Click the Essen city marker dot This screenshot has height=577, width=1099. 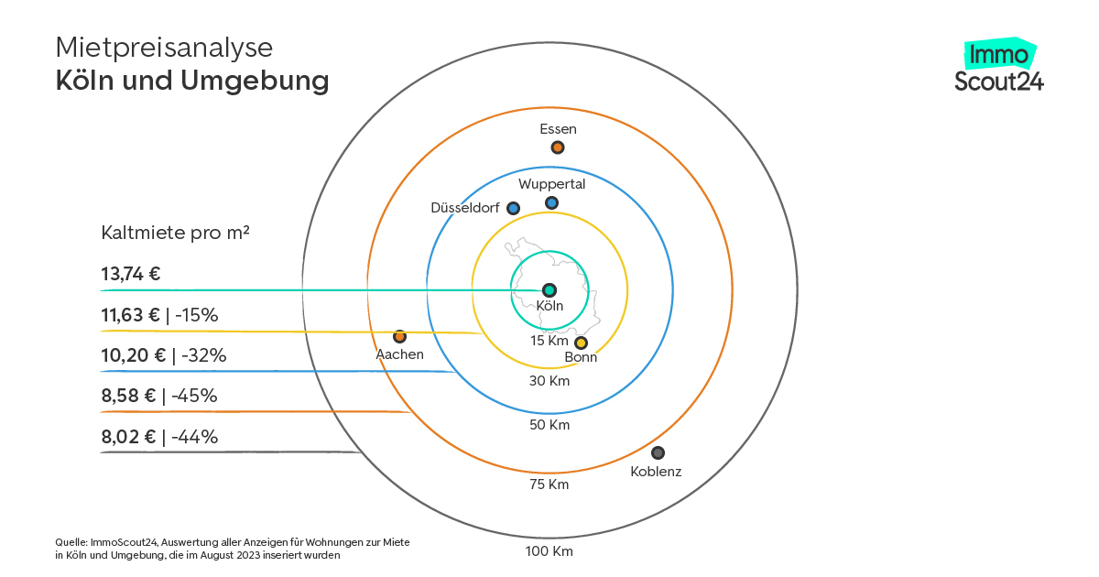pos(557,147)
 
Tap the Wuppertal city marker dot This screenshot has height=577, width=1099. pos(551,202)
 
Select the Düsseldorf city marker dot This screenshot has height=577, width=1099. pos(513,208)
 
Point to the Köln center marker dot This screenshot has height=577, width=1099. pos(549,289)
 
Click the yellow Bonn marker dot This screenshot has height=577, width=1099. pos(580,343)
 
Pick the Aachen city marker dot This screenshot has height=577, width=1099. pos(399,336)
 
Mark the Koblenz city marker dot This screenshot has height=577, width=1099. pos(658,452)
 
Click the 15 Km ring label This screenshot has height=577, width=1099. pos(549,341)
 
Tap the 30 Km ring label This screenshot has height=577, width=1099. pos(549,380)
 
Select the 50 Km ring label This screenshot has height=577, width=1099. pos(549,425)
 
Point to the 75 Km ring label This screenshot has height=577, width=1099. pos(549,484)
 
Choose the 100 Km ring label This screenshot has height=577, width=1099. pos(549,551)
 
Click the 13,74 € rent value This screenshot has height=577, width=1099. pos(131,273)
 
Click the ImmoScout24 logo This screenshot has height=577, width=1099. pos(998,67)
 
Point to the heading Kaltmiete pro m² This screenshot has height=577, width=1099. pos(176,233)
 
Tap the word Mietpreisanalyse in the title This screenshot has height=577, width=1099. pos(164,47)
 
